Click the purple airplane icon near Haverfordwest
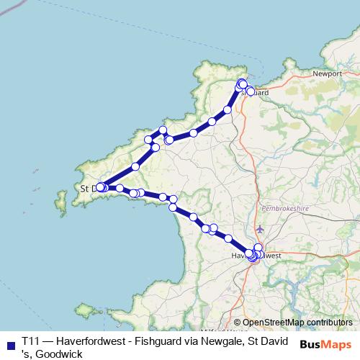coord(259,230)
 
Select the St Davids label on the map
coord(89,189)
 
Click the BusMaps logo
coord(325,344)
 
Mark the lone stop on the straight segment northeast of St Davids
coord(135,166)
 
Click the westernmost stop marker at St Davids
coord(99,188)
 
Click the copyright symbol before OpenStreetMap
coord(237,323)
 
